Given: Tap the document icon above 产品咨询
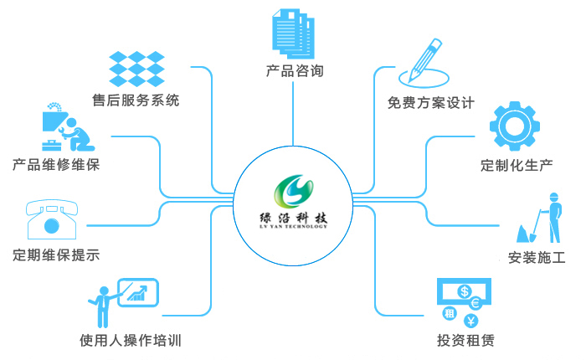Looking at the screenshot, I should (x=291, y=33).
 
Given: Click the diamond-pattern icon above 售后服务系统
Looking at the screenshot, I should (x=136, y=68).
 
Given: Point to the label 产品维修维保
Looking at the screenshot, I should (x=56, y=164).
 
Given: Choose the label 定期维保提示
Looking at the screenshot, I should (x=56, y=255).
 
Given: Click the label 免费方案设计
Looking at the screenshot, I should (x=430, y=103).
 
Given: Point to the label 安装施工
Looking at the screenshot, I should (x=537, y=257).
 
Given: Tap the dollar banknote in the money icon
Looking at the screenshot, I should (x=462, y=291).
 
